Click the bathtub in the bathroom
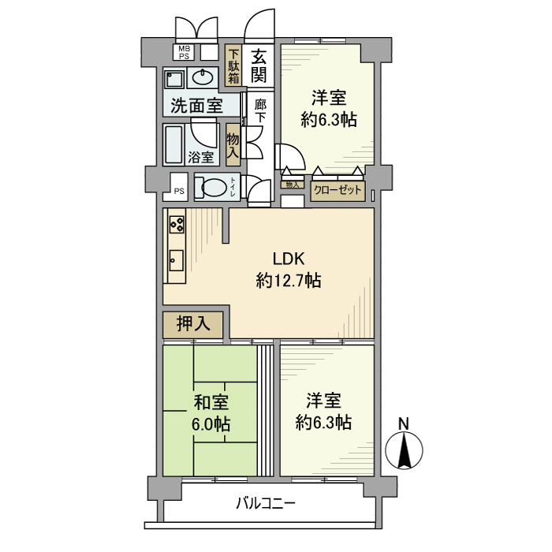pos(175,144)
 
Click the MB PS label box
pos(183,53)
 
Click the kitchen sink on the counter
pos(176,259)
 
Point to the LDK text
pos(289,259)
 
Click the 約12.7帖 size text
pos(289,280)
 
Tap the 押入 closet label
pos(192,323)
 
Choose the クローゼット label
pos(338,190)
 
